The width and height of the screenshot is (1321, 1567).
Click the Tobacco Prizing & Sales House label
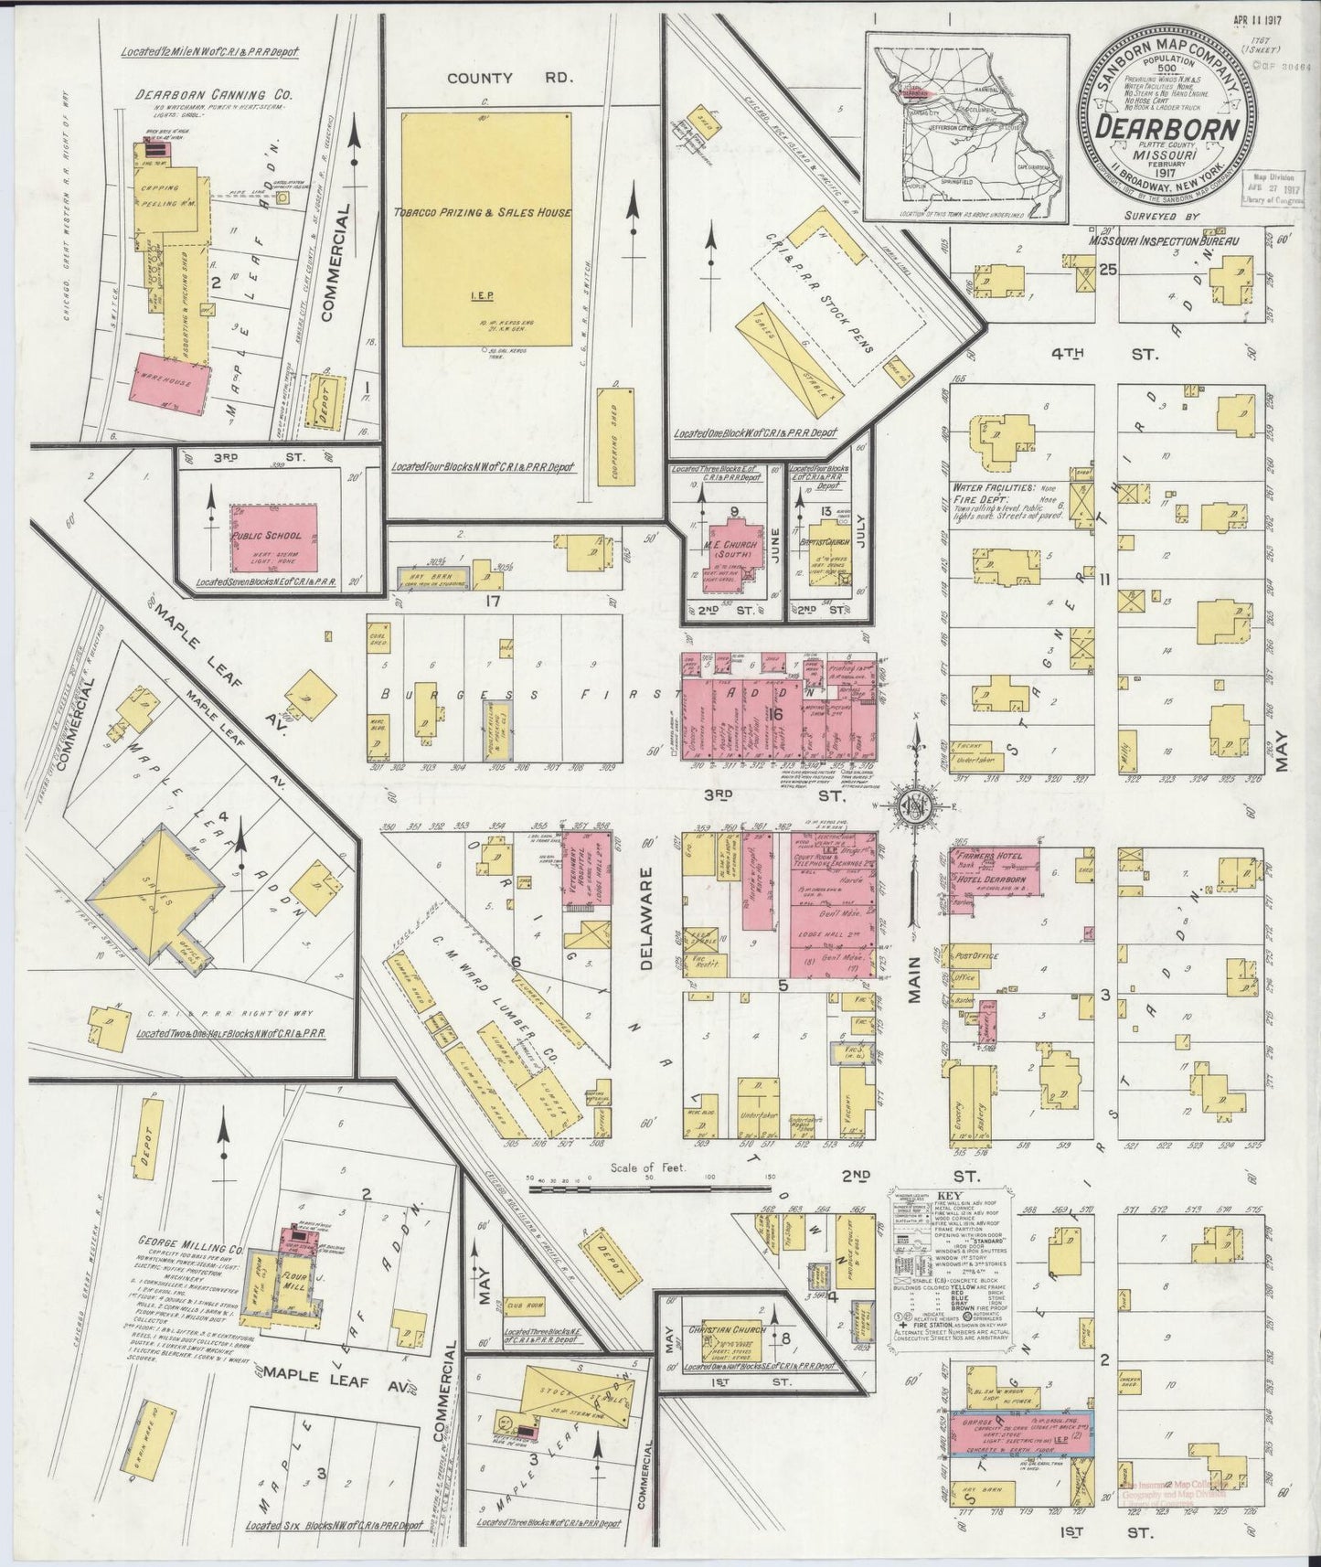pyautogui.click(x=482, y=212)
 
